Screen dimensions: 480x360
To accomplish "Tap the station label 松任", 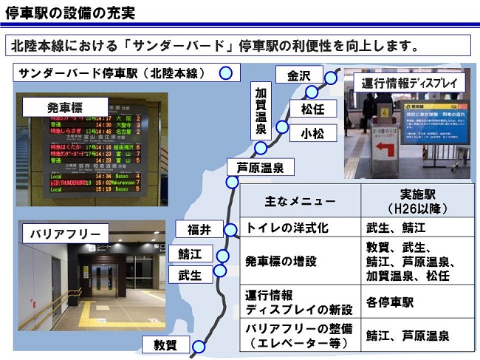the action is click(313, 110).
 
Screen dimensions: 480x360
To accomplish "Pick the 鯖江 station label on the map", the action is click(190, 254).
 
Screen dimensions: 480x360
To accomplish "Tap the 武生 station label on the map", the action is click(190, 275).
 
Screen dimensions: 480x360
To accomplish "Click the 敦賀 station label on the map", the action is click(166, 345).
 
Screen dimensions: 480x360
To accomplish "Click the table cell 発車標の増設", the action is click(281, 261).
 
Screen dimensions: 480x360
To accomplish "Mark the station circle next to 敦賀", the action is click(199, 345).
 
